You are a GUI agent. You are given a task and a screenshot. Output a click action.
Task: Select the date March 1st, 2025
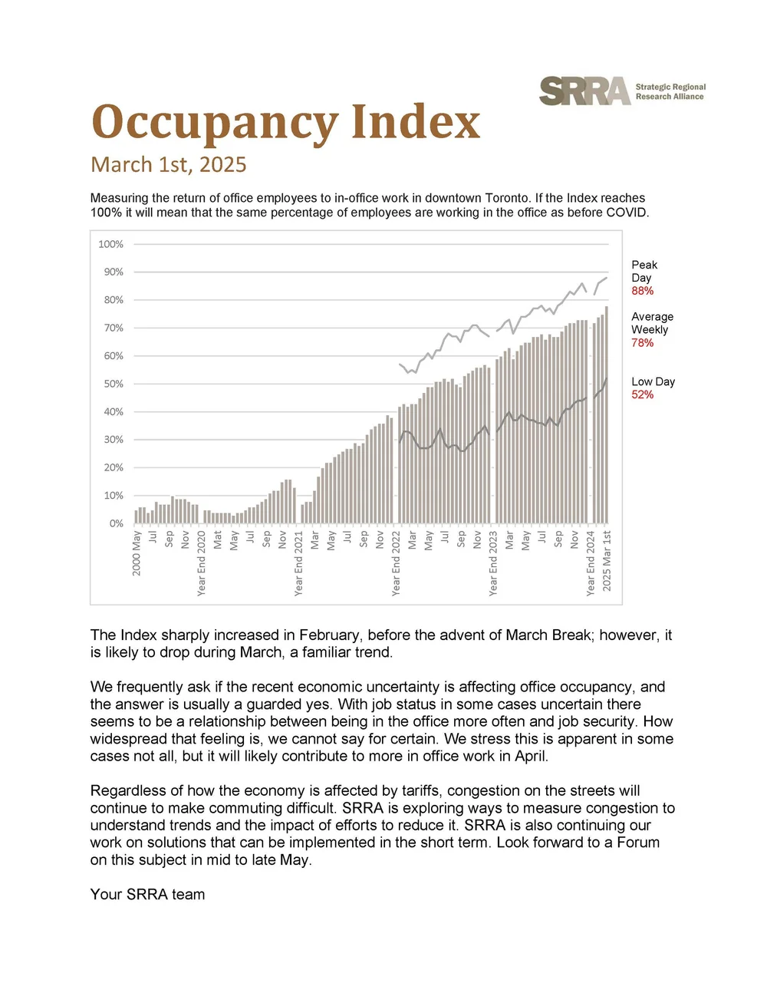pos(169,165)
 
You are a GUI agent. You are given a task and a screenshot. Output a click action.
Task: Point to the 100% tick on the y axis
pos(110,244)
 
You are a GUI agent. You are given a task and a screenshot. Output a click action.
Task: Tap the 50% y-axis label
pos(114,384)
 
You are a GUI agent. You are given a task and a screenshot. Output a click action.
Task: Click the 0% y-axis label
pos(116,523)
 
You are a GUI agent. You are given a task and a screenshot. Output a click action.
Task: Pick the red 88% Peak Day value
pos(643,291)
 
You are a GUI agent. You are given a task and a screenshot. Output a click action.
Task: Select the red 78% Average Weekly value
pos(643,343)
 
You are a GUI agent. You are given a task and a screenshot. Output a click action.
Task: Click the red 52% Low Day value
pos(643,394)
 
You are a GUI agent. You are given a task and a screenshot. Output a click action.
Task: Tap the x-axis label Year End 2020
pos(202,562)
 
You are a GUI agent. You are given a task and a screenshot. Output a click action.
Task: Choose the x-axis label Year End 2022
pos(397,562)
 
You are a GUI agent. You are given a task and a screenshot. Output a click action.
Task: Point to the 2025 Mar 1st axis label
pos(607,560)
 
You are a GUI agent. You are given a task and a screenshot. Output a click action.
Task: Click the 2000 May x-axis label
pos(137,553)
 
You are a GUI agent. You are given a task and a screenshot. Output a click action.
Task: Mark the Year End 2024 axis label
pos(591,562)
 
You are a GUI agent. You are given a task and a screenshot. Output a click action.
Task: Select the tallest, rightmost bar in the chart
pos(607,414)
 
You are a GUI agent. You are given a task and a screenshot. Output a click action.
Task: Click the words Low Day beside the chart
pos(653,381)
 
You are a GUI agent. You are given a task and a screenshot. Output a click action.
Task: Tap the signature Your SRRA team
pos(147,894)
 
